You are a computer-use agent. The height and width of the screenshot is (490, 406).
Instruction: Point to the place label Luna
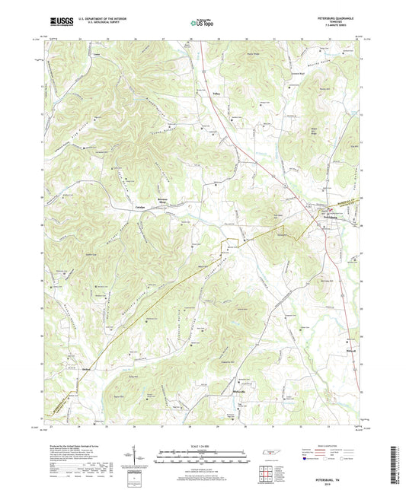95,56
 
